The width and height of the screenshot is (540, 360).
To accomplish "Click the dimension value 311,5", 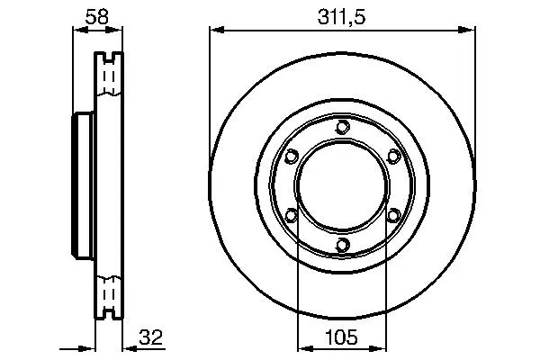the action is click(x=341, y=17).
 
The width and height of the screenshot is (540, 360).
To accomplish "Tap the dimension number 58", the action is click(x=97, y=16).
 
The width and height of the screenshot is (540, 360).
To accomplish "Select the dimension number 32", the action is click(x=150, y=337).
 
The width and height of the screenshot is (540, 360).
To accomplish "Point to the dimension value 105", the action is click(x=341, y=337).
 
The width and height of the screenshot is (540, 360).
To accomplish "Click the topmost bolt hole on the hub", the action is click(x=342, y=127).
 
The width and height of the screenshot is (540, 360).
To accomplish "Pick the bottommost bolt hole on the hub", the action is click(x=342, y=245).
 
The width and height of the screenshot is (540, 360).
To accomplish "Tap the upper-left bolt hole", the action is click(x=292, y=157).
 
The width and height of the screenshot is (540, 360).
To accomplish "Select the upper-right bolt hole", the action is click(x=393, y=157).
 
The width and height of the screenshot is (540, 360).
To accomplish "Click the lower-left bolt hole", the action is click(x=292, y=216).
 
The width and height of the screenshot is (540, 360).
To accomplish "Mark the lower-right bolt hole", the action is click(x=393, y=216).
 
